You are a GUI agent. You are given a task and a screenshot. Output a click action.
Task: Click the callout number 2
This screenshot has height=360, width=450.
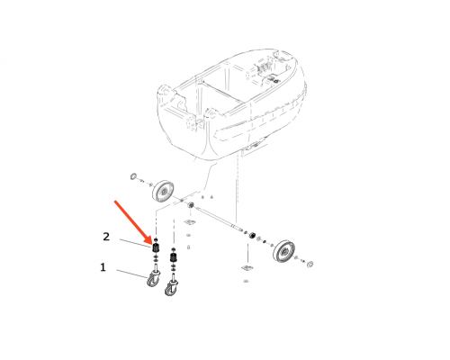click(x=106, y=237)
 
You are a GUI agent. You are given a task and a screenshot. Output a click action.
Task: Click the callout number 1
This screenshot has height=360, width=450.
click(x=103, y=267)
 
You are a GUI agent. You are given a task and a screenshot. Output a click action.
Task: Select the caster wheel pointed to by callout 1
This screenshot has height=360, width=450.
click(x=153, y=278)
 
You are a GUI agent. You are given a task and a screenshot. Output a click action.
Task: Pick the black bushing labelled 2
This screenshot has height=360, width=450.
click(x=156, y=248)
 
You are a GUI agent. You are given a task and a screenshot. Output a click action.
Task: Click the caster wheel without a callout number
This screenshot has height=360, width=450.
click(x=170, y=287)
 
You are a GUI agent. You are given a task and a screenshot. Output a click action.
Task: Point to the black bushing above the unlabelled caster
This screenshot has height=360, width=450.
click(x=174, y=257)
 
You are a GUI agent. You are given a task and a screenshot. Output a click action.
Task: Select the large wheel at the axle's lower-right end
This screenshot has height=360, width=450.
click(x=283, y=251)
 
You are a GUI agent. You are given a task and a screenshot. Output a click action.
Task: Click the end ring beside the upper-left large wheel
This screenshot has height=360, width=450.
click(x=133, y=176)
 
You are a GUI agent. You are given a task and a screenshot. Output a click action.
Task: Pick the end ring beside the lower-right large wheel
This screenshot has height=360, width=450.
click(x=310, y=265)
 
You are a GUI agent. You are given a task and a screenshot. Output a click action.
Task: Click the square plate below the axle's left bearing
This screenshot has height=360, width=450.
click(x=190, y=222)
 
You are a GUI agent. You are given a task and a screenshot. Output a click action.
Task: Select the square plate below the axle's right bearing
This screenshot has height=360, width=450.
click(x=247, y=268)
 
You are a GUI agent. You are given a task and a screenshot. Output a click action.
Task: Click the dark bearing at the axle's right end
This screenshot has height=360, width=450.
click(x=253, y=235)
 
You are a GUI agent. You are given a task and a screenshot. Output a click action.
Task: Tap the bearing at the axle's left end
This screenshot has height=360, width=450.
click(x=190, y=206)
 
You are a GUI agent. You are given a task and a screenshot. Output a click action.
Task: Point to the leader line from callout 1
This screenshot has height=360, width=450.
click(x=132, y=274)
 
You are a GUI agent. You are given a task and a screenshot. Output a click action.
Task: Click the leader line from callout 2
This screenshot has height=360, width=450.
click(x=136, y=243)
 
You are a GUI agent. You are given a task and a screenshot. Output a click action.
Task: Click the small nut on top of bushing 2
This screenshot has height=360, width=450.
click(x=156, y=239)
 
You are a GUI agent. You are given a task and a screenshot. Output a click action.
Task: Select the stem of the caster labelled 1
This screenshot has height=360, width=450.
click(x=156, y=267)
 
